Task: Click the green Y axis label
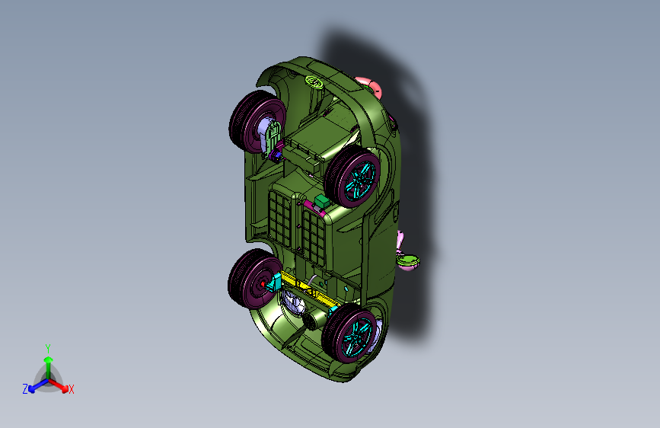coord(48,349)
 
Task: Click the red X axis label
coord(71,390)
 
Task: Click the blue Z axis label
coord(25,389)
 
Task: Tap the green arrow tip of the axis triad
coord(49,360)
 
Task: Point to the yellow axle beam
coord(309,289)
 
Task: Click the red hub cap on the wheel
coord(263,284)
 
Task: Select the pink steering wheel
coord(369,86)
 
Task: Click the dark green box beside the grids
coord(322,201)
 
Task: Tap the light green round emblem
coord(314,81)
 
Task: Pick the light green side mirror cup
coord(408,260)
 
